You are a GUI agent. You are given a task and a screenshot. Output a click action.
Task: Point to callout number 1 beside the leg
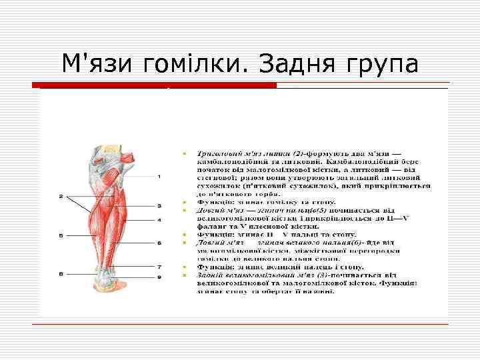(x=159, y=177)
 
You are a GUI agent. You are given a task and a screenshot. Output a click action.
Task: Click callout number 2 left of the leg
(x=61, y=197)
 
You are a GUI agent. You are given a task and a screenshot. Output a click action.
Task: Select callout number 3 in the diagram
(x=159, y=206)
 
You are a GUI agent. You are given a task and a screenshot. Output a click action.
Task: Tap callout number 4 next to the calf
(x=159, y=220)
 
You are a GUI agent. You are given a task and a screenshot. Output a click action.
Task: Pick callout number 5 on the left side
(x=61, y=236)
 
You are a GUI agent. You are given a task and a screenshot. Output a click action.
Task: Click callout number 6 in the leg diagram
(x=159, y=243)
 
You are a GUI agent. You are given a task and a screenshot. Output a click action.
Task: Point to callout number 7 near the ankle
(x=159, y=267)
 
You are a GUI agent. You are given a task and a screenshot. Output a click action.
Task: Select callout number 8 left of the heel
(x=61, y=274)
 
